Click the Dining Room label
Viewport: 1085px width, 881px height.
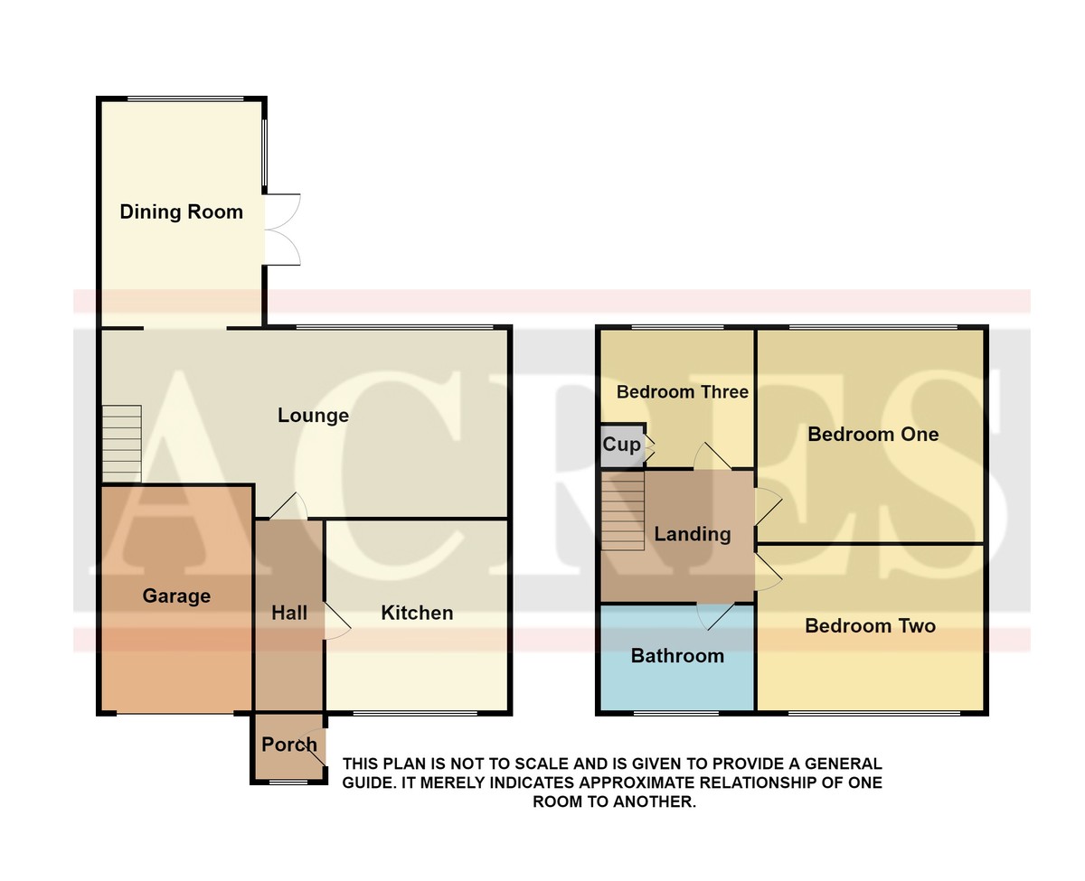(x=181, y=211)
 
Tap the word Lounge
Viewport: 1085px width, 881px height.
(x=313, y=416)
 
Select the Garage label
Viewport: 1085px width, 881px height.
(x=176, y=595)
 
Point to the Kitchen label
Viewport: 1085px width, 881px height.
(x=417, y=613)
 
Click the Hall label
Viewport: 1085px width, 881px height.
(x=288, y=613)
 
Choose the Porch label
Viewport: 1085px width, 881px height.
(x=288, y=745)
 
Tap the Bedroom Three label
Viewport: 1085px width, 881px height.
(x=682, y=392)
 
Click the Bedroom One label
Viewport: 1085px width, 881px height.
(x=873, y=434)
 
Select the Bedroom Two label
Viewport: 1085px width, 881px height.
(x=870, y=625)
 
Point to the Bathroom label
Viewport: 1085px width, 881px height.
(x=677, y=655)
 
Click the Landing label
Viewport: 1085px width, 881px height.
(x=693, y=534)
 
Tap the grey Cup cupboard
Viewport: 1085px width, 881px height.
(x=622, y=445)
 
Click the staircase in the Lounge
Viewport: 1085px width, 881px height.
(x=122, y=444)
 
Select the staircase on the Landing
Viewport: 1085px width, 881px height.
(x=623, y=511)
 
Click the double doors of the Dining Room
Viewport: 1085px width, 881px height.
(x=283, y=230)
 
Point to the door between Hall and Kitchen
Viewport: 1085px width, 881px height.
(x=338, y=621)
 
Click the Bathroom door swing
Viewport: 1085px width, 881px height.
(x=716, y=617)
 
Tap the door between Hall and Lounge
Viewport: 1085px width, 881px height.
(x=288, y=506)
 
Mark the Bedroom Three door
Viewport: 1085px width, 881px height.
(x=712, y=456)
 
